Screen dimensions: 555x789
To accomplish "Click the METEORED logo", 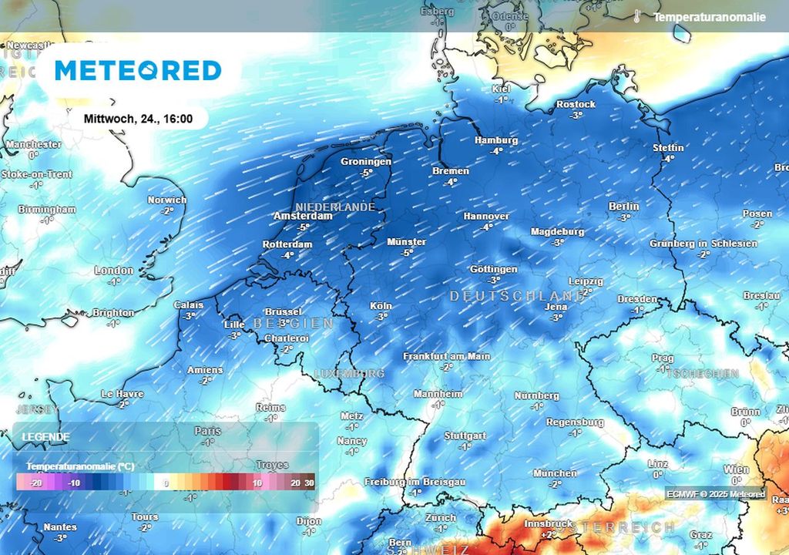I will click(138, 71).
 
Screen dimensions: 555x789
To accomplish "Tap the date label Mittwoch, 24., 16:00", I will click(138, 119).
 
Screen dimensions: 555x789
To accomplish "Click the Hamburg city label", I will click(496, 140).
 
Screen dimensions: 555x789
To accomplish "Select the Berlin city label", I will click(623, 207).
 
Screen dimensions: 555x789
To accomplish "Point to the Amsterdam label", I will click(304, 217).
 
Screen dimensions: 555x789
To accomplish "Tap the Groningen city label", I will click(366, 162).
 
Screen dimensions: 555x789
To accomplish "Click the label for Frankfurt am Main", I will click(447, 356).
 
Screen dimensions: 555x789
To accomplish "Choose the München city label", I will click(554, 473).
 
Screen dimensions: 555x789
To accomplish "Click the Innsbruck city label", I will click(547, 524).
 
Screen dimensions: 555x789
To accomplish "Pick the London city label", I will click(114, 271).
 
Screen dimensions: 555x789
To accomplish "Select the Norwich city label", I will click(167, 200).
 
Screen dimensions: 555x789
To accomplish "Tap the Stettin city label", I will click(667, 148).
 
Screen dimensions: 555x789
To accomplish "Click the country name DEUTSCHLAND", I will click(517, 296).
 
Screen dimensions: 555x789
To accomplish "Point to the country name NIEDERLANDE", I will click(335, 207).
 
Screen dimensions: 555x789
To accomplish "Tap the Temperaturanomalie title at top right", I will click(710, 17).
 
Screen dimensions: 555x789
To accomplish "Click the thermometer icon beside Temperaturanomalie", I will click(638, 16).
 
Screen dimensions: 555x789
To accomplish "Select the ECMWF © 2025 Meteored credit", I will click(716, 494).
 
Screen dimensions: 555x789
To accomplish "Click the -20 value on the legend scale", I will click(35, 483).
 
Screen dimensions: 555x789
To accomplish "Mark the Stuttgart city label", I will click(465, 436).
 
